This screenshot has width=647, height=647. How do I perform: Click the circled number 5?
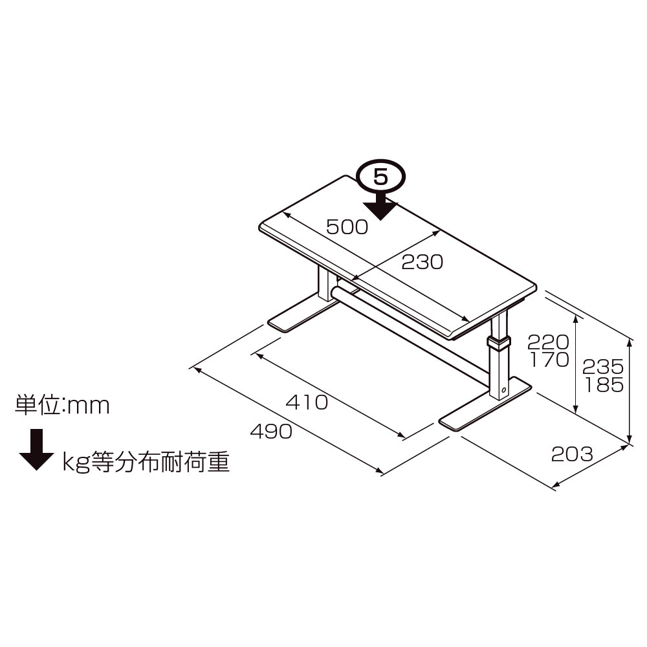380,177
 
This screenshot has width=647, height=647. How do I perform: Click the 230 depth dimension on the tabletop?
422,262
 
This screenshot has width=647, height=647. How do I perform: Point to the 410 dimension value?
307,402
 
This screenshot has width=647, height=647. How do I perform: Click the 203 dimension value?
571,454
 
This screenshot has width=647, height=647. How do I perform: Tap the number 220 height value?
547,342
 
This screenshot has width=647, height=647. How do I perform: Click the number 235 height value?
603,367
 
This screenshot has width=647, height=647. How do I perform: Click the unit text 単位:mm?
63,406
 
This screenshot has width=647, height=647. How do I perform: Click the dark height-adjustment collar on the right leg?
498,342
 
